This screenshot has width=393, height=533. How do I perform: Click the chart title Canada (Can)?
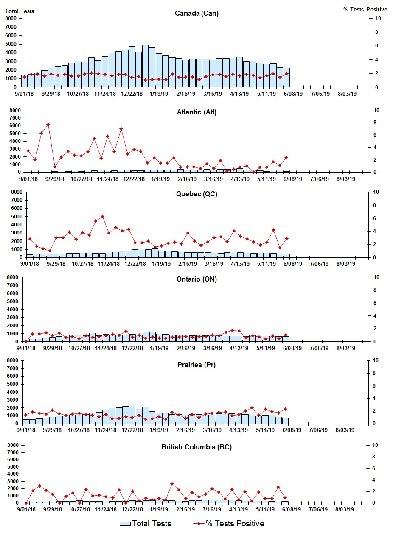point(196,13)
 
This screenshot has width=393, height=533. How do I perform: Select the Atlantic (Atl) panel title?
point(196,112)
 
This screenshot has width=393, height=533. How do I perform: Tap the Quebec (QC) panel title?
point(196,194)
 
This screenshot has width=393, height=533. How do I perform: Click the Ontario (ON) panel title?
point(196,279)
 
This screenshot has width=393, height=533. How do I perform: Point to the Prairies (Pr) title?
point(196,365)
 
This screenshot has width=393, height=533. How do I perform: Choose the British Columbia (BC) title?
point(196,447)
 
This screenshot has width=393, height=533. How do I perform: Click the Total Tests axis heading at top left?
point(20,11)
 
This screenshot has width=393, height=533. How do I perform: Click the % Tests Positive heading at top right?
point(365,9)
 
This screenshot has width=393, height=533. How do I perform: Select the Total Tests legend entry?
point(146,523)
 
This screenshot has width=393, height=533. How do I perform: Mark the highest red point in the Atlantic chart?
point(48,125)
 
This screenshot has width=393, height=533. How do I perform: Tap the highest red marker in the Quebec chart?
point(102,217)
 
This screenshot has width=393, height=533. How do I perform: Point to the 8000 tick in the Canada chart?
point(11,18)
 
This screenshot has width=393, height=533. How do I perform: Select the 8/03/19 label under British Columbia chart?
point(346,510)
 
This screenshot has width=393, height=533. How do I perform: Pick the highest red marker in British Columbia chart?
point(172,483)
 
